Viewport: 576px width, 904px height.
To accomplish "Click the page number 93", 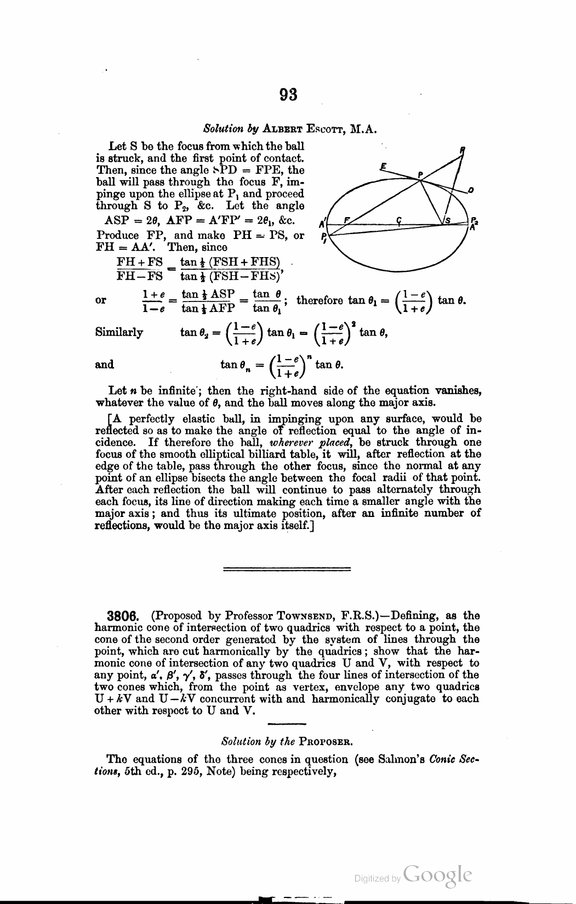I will pyautogui.click(x=288, y=95).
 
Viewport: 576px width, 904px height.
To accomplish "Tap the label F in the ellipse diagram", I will pyautogui.click(x=346, y=220).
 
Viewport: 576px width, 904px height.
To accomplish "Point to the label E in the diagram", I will pyautogui.click(x=384, y=165).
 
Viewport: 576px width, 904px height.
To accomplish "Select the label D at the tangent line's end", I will pyautogui.click(x=471, y=190).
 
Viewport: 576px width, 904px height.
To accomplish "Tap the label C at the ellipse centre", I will pyautogui.click(x=400, y=220).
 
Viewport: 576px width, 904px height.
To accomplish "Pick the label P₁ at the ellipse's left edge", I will pyautogui.click(x=324, y=239).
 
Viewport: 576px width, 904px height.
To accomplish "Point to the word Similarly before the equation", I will pyautogui.click(x=119, y=332).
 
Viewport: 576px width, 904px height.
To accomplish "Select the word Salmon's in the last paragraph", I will pyautogui.click(x=404, y=759).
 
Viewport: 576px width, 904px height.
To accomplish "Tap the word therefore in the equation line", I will pyautogui.click(x=320, y=300).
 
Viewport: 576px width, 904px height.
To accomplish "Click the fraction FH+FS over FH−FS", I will pyautogui.click(x=140, y=269).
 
